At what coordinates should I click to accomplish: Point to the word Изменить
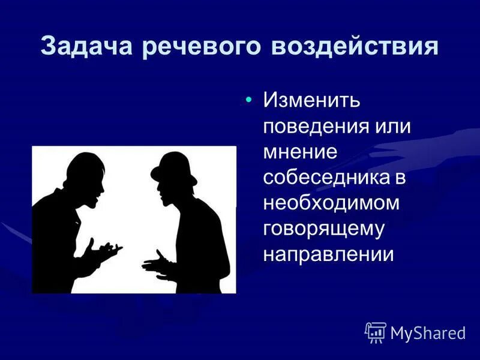coord(311,101)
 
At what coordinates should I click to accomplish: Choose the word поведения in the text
coord(316,127)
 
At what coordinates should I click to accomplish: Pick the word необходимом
coord(331,203)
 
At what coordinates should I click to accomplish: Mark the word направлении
coord(329,254)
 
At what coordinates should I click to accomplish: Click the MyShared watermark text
coord(428,333)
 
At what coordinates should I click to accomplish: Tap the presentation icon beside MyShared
coord(376,332)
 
